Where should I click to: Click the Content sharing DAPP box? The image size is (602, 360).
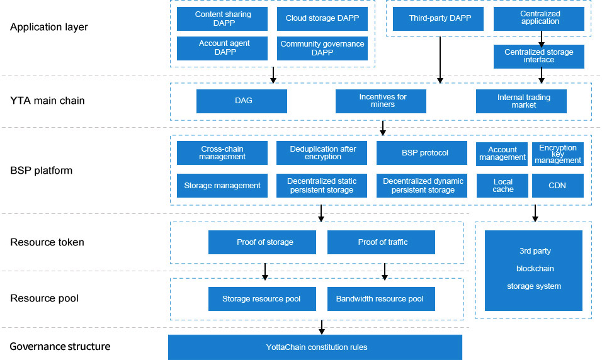[222, 19]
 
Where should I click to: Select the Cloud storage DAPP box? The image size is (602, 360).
[322, 19]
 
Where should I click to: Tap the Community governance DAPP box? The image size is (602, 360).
[322, 48]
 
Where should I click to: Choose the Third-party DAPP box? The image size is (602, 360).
[438, 19]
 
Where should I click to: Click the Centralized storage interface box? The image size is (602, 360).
[539, 56]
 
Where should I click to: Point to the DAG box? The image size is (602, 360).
[242, 101]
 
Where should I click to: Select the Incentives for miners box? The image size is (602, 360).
[381, 101]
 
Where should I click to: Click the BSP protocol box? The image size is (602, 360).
[422, 153]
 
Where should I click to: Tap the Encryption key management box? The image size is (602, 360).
[558, 154]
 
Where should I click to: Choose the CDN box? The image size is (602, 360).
[558, 186]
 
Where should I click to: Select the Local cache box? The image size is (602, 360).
[503, 186]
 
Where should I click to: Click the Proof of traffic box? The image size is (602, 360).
[382, 242]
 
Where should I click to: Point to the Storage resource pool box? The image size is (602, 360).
[262, 299]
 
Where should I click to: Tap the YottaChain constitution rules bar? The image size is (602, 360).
[315, 347]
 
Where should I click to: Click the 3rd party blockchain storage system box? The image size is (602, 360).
[533, 269]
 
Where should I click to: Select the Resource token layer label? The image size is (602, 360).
[47, 242]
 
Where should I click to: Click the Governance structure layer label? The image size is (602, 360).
[60, 347]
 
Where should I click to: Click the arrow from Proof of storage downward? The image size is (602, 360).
[265, 271]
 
